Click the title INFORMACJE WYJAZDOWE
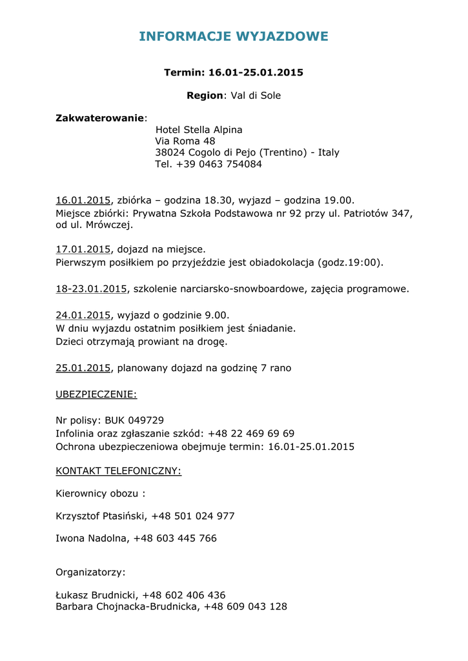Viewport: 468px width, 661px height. click(234, 37)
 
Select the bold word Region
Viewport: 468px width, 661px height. click(205, 96)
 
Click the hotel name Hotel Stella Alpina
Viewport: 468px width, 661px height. click(199, 130)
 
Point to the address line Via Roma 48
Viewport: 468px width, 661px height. click(185, 141)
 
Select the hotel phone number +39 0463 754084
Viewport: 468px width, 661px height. click(219, 165)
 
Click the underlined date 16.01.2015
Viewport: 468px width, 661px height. click(83, 201)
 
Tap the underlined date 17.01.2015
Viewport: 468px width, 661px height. click(83, 249)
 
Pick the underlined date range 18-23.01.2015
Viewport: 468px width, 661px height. click(91, 289)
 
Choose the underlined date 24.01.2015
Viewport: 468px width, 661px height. click(83, 316)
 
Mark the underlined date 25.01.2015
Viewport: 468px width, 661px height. click(83, 369)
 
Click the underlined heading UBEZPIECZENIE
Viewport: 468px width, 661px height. click(96, 394)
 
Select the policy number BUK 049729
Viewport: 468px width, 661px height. click(134, 420)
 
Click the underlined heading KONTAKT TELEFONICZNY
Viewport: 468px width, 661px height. click(118, 471)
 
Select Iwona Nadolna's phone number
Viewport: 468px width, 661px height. click(175, 538)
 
